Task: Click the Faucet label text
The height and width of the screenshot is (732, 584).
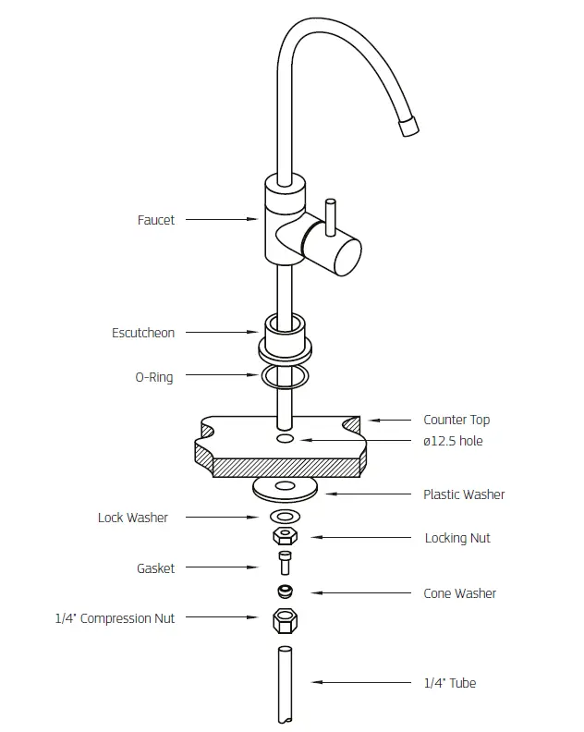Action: click(155, 220)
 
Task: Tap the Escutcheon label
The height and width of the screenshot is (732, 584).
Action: click(143, 333)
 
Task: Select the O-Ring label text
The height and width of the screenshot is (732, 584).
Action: click(154, 377)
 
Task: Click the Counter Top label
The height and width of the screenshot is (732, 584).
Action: click(456, 420)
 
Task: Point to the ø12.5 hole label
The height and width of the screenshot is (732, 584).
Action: click(453, 441)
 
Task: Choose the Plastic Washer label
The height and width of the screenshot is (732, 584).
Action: click(464, 494)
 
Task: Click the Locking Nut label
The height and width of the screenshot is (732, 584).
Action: click(457, 538)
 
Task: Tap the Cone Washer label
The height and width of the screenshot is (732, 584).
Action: click(459, 593)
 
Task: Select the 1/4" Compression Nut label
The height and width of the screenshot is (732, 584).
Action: click(115, 618)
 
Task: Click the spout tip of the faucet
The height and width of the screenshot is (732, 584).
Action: click(408, 128)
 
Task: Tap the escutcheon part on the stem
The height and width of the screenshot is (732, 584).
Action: click(285, 338)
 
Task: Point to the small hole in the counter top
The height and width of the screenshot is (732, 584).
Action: click(286, 438)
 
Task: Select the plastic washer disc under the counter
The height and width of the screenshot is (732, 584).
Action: click(286, 486)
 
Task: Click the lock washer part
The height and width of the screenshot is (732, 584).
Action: click(285, 516)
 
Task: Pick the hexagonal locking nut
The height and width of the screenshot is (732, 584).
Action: click(285, 536)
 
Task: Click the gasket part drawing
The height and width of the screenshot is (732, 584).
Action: click(285, 563)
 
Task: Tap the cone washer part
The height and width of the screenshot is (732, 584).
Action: click(286, 591)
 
